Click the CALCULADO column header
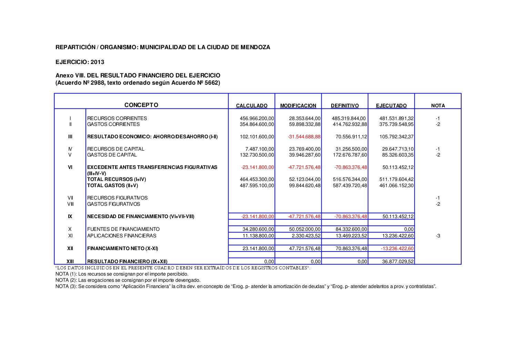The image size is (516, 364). coord(252,106)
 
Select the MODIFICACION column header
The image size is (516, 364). coord(298,106)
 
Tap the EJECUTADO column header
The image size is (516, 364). coord(391,106)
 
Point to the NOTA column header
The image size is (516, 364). coord(438,106)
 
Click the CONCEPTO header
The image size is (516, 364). coord(141,105)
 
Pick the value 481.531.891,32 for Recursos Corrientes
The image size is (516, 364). coord(396,118)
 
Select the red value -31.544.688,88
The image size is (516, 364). coord(304,137)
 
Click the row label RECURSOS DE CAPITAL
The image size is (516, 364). coord(116,149)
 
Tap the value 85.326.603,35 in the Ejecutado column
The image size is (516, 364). coord(396,155)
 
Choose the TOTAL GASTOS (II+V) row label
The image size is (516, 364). coord(113,185)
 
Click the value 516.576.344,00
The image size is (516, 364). coord(350,179)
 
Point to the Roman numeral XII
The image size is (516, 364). coord(70,248)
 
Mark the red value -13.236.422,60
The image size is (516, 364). coord(397,248)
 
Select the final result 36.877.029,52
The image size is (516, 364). coord(398,261)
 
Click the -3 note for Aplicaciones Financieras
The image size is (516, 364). coord(438,236)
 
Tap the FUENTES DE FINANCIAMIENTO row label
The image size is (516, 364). coord(123,229)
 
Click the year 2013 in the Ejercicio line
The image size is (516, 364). coord(98,62)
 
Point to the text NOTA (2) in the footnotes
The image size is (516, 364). coord(66,280)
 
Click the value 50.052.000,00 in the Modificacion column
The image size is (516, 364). coord(305,229)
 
